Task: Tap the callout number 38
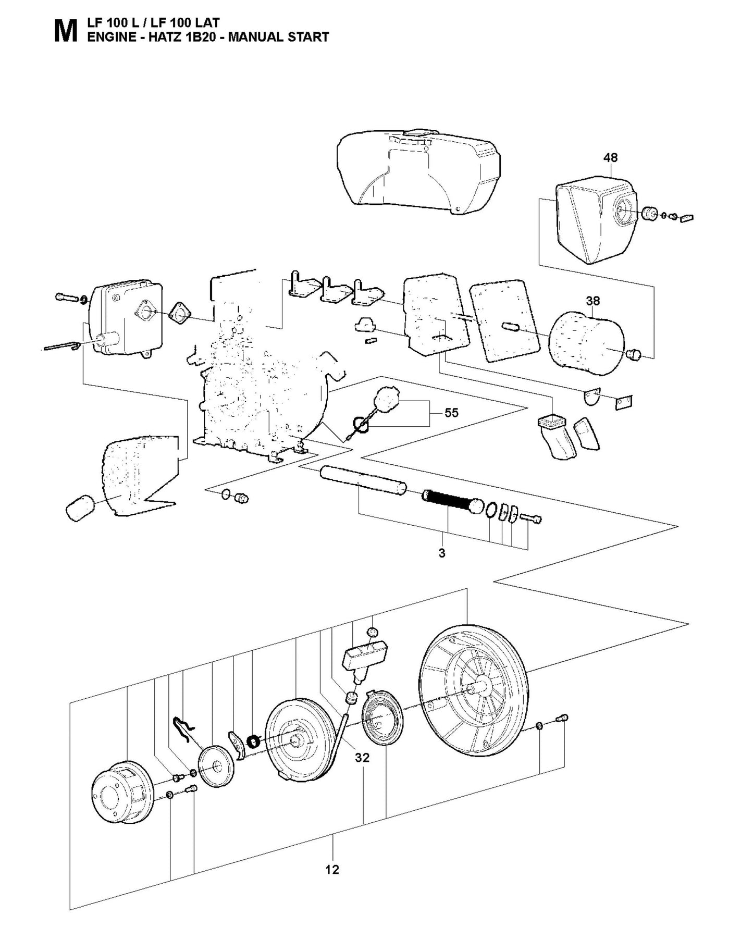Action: pos(592,301)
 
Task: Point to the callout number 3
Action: pos(442,553)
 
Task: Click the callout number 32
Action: pos(362,758)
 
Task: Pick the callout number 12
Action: pos(332,869)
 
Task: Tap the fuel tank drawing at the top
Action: pos(417,167)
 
